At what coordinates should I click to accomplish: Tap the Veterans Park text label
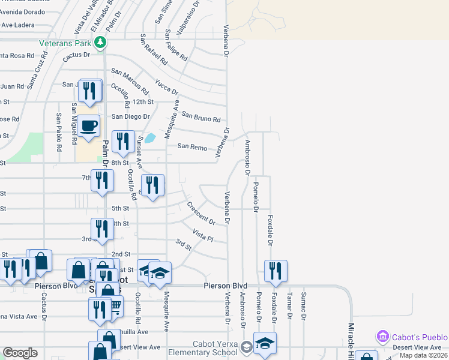point(65,43)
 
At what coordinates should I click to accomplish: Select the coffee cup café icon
point(88,126)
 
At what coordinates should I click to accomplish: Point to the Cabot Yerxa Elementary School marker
point(246,347)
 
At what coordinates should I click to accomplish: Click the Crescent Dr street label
point(201,214)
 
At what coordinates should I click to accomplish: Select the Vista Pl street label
point(203,235)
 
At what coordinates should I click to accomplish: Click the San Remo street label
point(192,147)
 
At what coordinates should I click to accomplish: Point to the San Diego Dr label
point(130,116)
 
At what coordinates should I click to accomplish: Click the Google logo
point(20,353)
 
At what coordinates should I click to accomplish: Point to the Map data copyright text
point(423,355)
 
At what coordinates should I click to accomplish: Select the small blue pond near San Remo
point(150,138)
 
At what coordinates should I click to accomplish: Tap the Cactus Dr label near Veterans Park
point(76,55)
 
